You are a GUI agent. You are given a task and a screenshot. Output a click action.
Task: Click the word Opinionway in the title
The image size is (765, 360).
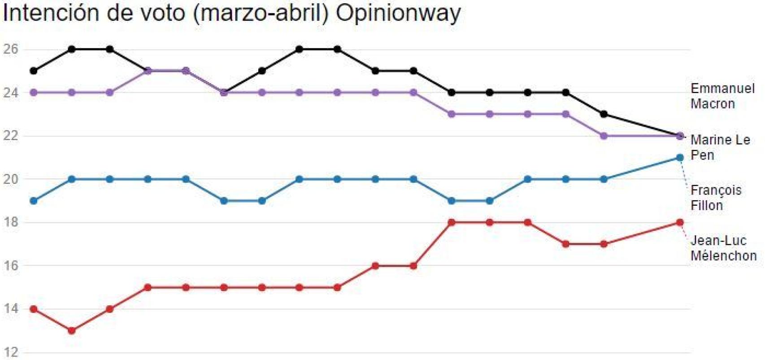pos(398,13)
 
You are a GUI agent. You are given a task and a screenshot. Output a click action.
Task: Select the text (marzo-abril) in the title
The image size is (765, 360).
pos(261,13)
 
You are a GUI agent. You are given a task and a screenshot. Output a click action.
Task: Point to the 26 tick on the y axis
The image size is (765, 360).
pos(10,49)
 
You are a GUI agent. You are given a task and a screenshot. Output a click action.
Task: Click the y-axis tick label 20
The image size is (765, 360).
pos(10,179)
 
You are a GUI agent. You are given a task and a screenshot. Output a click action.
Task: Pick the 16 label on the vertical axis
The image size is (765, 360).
pos(10,265)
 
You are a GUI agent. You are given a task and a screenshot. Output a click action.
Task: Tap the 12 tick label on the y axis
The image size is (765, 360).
pos(10,352)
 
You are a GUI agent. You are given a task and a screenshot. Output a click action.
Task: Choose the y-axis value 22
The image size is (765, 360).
pos(10,135)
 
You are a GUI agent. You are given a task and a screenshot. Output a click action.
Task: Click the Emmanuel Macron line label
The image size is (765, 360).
pos(722,96)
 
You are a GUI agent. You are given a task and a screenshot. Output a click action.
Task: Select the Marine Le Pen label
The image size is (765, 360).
pos(720,147)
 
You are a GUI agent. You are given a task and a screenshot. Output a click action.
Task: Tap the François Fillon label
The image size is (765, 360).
pos(715,198)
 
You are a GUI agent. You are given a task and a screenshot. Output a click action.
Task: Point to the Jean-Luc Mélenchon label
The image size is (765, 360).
pos(723,248)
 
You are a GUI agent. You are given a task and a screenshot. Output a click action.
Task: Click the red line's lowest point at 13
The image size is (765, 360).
pos(71,331)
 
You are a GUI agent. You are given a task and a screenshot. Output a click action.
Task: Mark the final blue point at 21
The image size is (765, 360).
pos(680,157)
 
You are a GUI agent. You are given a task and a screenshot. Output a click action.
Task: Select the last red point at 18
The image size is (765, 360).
pos(680,222)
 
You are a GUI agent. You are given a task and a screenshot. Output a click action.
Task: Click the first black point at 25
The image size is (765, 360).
pos(34,71)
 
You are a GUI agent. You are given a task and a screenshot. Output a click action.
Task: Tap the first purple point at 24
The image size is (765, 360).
pos(34,93)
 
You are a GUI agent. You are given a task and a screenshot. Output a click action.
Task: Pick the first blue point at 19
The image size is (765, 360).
pos(34,201)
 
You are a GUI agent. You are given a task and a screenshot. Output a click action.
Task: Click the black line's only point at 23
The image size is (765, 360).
pos(604,114)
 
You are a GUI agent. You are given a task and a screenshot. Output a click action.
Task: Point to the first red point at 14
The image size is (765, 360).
pos(34,309)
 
